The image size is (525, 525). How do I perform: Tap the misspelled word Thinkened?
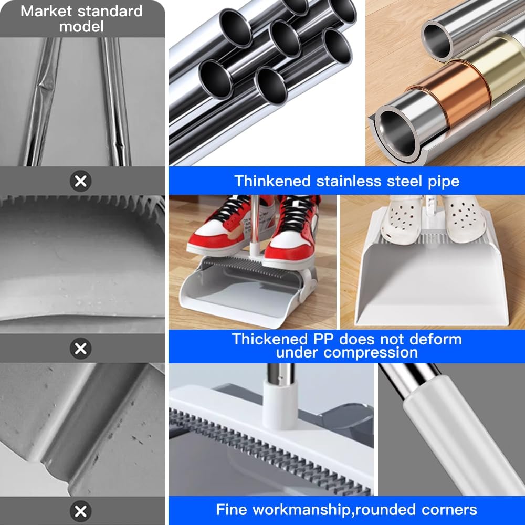[x=272, y=181]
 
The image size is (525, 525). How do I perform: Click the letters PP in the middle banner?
[x=323, y=340]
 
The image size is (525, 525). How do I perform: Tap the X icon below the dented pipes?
[x=80, y=181]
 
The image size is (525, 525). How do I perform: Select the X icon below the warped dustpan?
[x=80, y=349]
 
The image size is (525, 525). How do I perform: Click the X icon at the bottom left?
[x=80, y=511]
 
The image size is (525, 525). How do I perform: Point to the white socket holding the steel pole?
[x=280, y=403]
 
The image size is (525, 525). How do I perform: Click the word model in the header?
[x=82, y=26]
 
